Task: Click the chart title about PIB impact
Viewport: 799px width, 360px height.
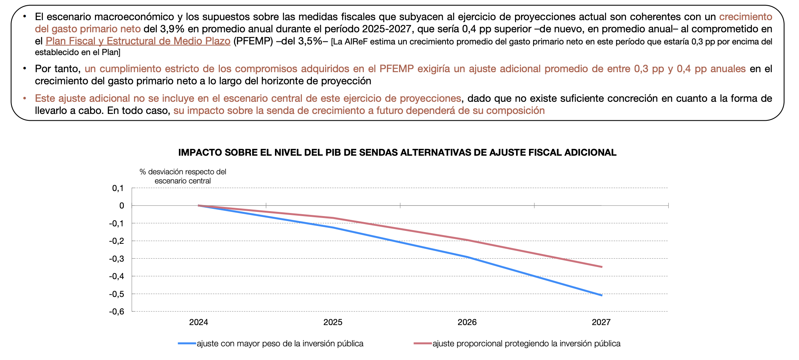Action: (397, 153)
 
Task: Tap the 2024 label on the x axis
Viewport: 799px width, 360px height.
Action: (199, 322)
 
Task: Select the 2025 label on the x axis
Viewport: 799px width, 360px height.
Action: (333, 322)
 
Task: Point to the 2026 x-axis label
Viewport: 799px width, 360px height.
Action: (467, 322)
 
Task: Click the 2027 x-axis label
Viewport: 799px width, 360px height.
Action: (601, 322)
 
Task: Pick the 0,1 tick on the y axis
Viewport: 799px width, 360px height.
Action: (118, 188)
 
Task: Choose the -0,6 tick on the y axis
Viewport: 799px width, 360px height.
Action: (117, 312)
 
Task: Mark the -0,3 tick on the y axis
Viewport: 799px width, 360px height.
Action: (117, 259)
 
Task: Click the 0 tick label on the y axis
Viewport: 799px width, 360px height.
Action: (122, 205)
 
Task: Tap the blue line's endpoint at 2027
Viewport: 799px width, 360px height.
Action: (602, 295)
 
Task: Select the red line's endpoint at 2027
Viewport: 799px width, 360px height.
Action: (602, 267)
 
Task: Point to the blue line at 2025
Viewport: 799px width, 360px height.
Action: (333, 227)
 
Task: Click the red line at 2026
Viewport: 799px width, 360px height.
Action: (467, 240)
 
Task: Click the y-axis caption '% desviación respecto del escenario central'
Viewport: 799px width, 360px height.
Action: (183, 176)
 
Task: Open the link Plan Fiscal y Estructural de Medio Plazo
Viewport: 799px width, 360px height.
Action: (138, 41)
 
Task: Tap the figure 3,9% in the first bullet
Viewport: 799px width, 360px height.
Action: (170, 29)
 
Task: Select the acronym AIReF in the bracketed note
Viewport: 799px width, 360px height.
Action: (357, 42)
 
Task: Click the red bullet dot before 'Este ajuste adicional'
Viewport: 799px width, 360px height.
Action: (25, 98)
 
